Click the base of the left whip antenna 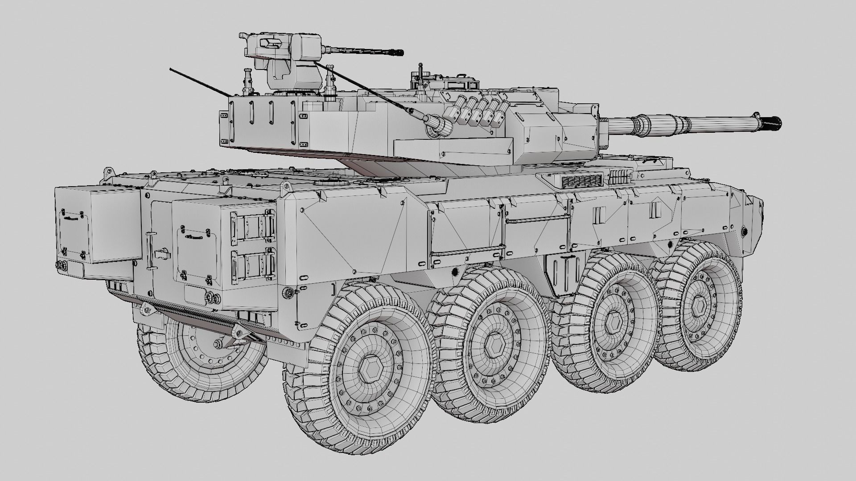[x=230, y=96]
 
